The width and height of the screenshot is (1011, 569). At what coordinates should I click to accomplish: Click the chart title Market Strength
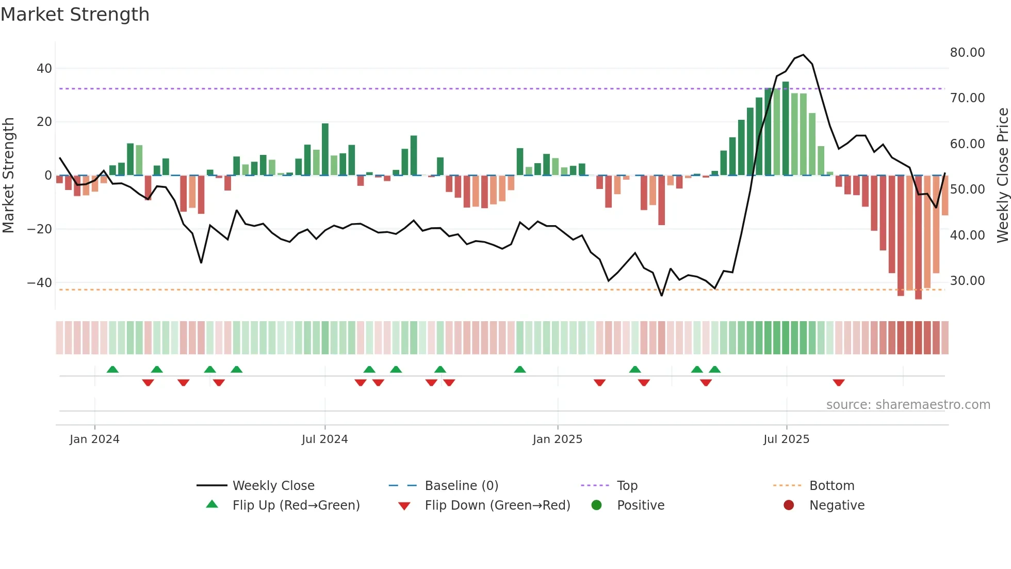(x=75, y=14)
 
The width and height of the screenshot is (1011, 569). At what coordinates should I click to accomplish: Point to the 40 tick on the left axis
(x=44, y=69)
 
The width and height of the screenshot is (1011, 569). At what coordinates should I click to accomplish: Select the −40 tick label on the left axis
(x=40, y=283)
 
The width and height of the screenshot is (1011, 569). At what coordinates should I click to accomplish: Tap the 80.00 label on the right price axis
(x=967, y=53)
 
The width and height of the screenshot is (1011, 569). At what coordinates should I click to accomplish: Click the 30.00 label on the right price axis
(x=967, y=281)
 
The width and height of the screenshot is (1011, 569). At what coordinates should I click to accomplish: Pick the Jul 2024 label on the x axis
(x=324, y=439)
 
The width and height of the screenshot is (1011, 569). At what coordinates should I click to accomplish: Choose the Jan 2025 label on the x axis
(x=557, y=439)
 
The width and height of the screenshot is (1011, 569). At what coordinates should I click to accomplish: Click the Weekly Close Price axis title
(x=1002, y=176)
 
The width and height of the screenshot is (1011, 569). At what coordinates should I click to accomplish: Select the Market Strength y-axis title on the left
(x=8, y=176)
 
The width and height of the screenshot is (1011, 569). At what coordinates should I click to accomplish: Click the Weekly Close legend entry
(x=273, y=486)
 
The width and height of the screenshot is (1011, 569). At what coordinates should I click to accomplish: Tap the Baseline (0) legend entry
(x=461, y=486)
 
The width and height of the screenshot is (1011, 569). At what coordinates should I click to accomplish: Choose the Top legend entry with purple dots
(x=627, y=486)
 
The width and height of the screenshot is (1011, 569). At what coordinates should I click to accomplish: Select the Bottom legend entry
(x=831, y=486)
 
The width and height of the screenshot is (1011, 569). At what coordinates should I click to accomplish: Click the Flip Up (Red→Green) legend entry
(x=296, y=505)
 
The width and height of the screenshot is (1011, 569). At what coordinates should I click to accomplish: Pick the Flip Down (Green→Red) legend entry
(x=497, y=505)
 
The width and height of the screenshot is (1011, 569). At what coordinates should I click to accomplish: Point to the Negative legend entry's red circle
(x=789, y=505)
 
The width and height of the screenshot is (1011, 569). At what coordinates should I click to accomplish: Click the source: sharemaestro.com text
(x=908, y=405)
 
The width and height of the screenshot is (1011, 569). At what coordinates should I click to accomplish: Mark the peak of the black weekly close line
(x=804, y=55)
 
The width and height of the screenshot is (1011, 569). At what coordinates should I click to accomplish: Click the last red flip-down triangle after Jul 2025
(x=839, y=383)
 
